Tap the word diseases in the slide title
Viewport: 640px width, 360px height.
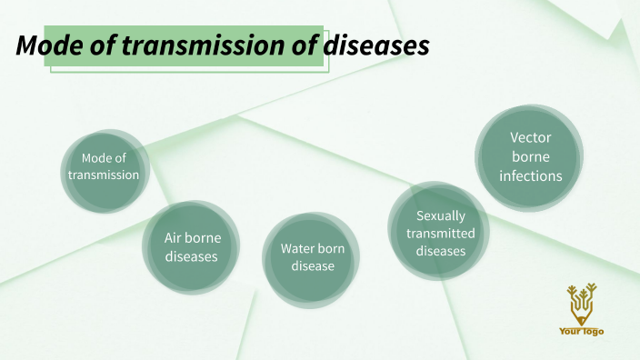click(377, 46)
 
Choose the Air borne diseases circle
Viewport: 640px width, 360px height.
click(192, 246)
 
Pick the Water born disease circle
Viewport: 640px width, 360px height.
click(312, 257)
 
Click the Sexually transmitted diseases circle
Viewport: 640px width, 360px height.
click(440, 233)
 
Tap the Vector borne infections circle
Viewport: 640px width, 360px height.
click(530, 156)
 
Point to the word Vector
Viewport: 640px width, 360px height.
click(531, 137)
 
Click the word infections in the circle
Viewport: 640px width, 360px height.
click(531, 175)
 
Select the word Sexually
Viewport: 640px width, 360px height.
click(440, 216)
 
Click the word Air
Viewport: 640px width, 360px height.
click(174, 237)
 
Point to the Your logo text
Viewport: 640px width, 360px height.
click(581, 331)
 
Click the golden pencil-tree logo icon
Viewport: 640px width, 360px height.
click(581, 304)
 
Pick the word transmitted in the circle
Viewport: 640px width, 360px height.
click(440, 234)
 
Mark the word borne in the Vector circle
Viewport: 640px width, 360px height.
click(531, 156)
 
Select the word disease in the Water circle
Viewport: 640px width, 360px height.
click(313, 266)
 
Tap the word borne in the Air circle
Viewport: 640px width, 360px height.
click(205, 237)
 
